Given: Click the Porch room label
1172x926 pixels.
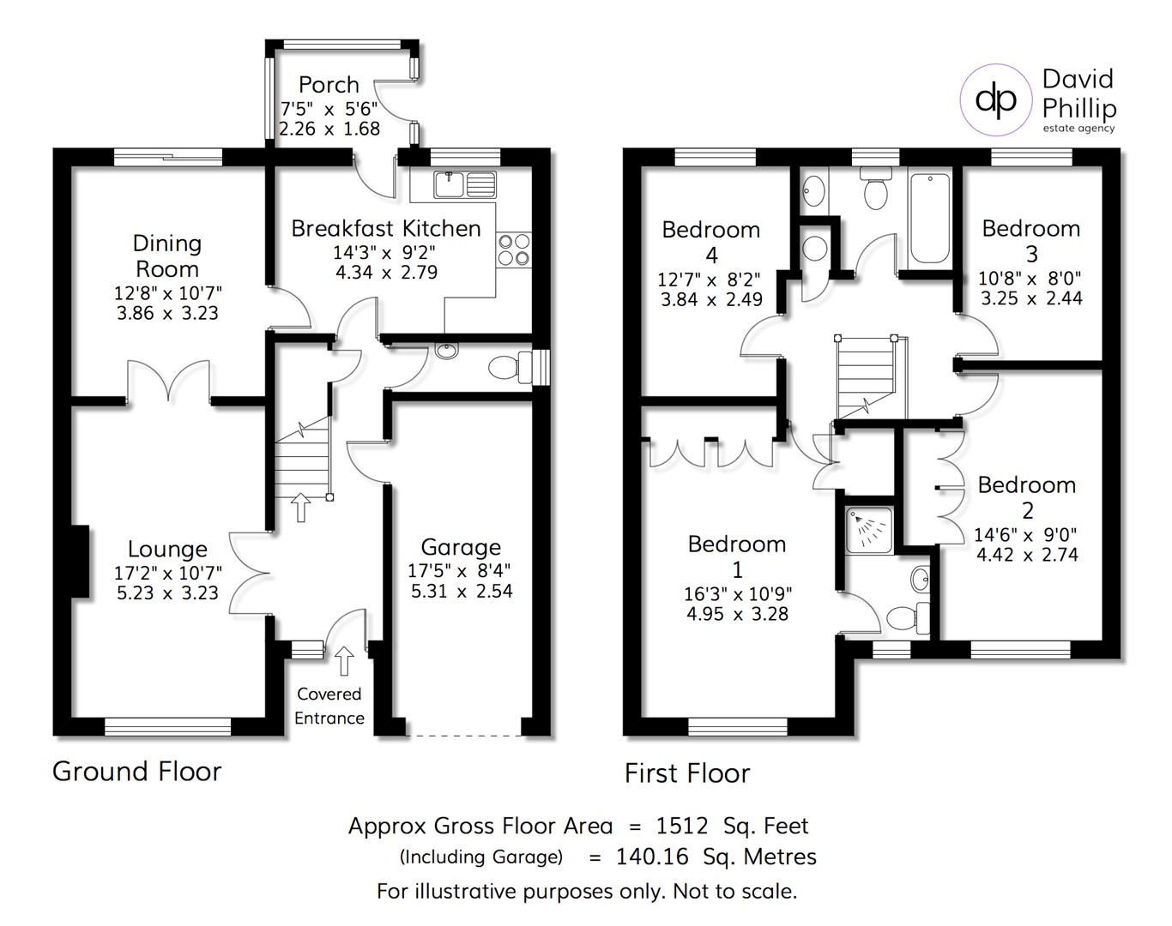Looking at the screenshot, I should coord(329,85).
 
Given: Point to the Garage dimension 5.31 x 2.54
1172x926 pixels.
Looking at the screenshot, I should coord(462,591).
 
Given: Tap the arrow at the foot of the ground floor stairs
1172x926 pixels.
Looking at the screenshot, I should coord(300,507).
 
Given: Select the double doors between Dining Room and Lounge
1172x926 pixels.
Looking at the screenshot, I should coord(168,382).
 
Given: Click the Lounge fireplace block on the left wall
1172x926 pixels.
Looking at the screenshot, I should coord(78,561).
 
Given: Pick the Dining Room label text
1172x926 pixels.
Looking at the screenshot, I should coord(167,256).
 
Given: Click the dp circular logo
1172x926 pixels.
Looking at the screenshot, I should coord(995,100).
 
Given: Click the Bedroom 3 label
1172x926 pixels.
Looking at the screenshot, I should coord(1030,241).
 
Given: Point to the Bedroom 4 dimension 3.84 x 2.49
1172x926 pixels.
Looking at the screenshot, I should coord(711,300).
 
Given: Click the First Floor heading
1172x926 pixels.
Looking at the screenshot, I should coord(687,774).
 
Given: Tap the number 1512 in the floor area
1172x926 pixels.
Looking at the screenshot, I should coord(682,827).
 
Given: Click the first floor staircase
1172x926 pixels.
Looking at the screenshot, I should coord(866,377).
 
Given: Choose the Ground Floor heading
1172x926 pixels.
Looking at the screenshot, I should coord(137,772).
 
